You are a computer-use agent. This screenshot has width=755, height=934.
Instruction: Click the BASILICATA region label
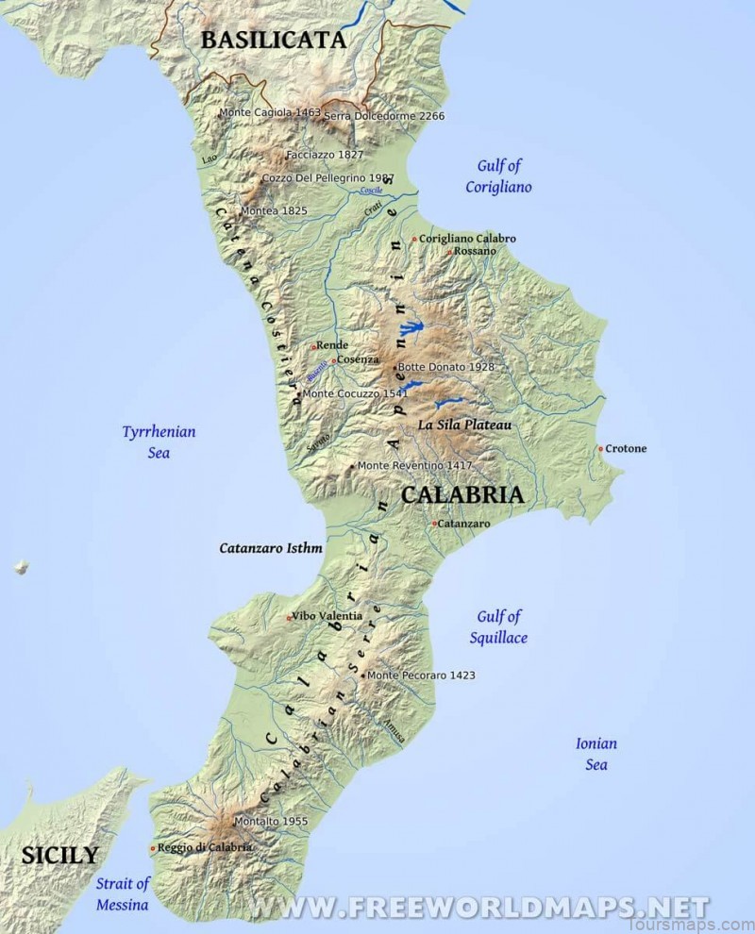pyautogui.click(x=274, y=40)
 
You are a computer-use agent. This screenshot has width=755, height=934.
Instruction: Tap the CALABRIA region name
pyautogui.click(x=461, y=494)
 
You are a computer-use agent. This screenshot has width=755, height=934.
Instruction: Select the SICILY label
pyautogui.click(x=59, y=856)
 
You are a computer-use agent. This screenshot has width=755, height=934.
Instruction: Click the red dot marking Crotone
pyautogui.click(x=600, y=449)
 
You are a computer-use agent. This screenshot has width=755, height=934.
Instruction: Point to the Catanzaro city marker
pyautogui.click(x=434, y=523)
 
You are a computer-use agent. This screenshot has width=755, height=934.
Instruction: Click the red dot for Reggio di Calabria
pyautogui.click(x=153, y=848)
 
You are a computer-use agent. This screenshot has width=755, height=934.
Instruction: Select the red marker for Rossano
pyautogui.click(x=450, y=252)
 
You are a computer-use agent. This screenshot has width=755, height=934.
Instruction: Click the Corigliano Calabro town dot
pyautogui.click(x=414, y=239)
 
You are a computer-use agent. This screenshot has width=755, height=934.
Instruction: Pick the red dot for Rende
pyautogui.click(x=313, y=346)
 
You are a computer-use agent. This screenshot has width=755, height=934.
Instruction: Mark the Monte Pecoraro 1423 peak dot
pyautogui.click(x=363, y=675)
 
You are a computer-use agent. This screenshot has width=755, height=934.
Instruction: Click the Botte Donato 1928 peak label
pyautogui.click(x=446, y=366)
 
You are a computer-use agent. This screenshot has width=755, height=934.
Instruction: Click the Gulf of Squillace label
pyautogui.click(x=499, y=626)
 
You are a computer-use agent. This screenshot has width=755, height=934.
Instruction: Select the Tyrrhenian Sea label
pyautogui.click(x=159, y=442)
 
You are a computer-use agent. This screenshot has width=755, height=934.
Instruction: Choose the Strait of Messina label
pyautogui.click(x=123, y=893)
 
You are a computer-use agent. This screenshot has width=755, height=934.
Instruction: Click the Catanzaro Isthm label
pyautogui.click(x=271, y=547)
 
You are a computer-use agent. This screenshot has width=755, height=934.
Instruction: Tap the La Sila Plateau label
pyautogui.click(x=464, y=425)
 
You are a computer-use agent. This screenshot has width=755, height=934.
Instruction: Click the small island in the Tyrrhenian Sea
pyautogui.click(x=21, y=567)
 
